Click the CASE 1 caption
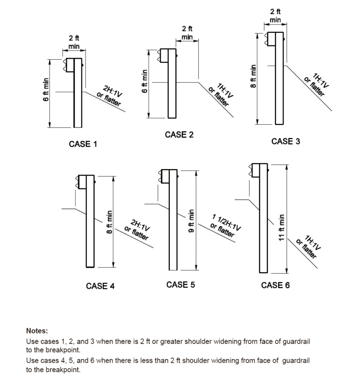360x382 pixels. coord(82,144)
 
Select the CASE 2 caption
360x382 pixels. coord(179,135)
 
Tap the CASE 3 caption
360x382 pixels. coord(285,141)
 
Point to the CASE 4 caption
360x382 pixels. coord(100,286)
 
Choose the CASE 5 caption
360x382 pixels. coord(180,284)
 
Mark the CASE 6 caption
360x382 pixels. coord(275,285)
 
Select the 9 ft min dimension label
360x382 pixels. coord(191,221)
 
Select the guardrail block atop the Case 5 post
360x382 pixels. coord(169,175)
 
